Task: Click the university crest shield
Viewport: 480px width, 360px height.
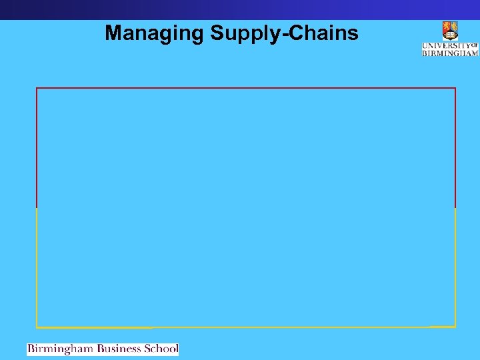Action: click(x=450, y=31)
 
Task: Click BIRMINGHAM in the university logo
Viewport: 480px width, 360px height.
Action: click(x=450, y=53)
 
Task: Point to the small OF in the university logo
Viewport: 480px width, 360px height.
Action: click(x=475, y=45)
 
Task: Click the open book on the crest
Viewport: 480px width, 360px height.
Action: click(x=450, y=34)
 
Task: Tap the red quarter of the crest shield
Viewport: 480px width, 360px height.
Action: click(x=447, y=27)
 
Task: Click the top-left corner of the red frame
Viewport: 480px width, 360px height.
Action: click(x=37, y=88)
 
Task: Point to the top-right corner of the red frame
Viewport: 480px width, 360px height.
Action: click(x=455, y=88)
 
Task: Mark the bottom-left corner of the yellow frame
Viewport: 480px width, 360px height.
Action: click(x=37, y=327)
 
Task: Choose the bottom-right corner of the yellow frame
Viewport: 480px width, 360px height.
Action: click(x=455, y=327)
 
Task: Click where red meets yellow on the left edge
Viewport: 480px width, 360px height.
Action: click(x=37, y=208)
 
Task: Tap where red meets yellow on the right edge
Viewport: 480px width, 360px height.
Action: click(x=455, y=208)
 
